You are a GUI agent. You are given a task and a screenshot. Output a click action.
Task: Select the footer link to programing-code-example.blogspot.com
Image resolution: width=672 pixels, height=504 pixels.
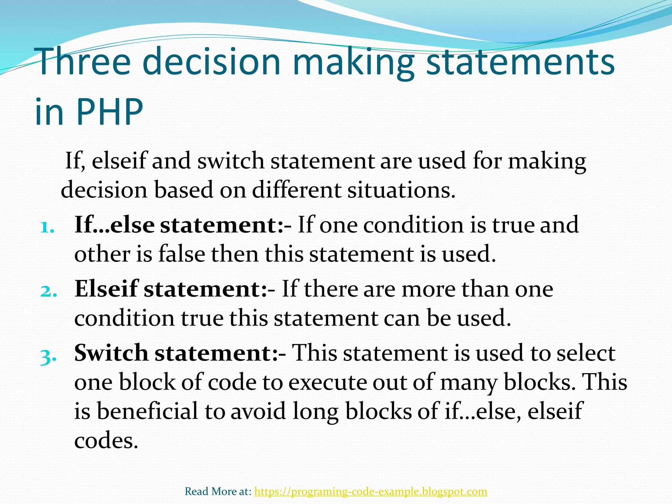click(x=370, y=491)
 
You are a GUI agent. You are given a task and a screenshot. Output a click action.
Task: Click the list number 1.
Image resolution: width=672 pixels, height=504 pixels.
click(x=47, y=227)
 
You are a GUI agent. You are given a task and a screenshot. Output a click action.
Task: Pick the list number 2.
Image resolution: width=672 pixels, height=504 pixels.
click(x=48, y=291)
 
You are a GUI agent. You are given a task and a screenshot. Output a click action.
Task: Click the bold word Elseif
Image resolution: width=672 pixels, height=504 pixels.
click(x=106, y=289)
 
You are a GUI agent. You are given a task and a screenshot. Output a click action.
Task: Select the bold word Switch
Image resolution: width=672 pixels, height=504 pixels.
click(x=111, y=353)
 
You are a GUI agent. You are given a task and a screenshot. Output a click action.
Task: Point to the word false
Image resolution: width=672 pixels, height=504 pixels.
click(x=181, y=254)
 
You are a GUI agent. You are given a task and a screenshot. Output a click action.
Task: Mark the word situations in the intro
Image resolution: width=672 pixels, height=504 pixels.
click(x=401, y=190)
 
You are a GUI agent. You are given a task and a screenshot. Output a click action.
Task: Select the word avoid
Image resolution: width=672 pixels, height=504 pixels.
click(x=258, y=411)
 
